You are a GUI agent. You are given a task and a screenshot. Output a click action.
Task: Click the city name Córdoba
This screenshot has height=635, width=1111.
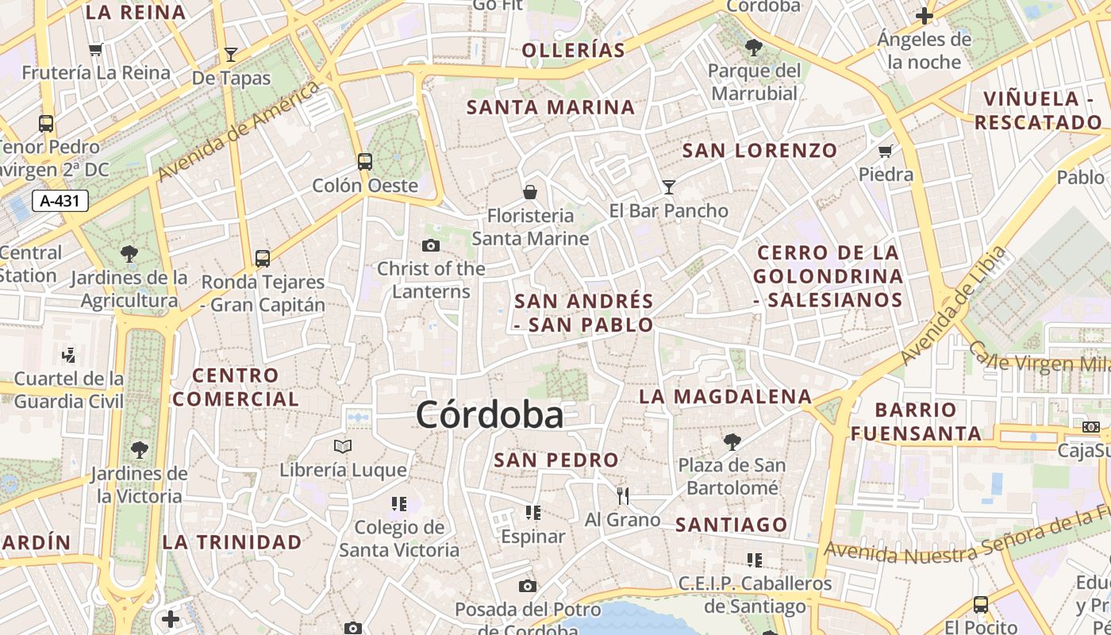tap(490, 415)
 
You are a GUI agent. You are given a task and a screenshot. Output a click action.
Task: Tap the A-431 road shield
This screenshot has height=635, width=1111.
tap(60, 201)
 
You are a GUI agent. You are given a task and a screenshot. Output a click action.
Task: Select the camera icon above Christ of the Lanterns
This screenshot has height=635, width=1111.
tap(431, 245)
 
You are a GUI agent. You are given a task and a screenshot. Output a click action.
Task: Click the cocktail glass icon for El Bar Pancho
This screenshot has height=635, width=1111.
tap(669, 187)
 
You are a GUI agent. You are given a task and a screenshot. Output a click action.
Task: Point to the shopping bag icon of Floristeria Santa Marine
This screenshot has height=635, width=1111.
tap(530, 192)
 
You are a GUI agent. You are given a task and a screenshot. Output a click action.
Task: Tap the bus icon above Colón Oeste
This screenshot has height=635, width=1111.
tap(365, 162)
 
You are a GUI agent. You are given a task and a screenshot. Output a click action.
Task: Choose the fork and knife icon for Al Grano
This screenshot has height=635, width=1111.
tap(623, 496)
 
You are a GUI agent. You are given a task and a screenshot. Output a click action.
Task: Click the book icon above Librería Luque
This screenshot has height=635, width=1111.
tap(343, 447)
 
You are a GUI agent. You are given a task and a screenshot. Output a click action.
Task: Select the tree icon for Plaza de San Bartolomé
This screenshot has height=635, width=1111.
tap(732, 441)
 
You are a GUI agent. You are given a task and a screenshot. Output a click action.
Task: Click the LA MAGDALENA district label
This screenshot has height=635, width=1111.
tap(726, 396)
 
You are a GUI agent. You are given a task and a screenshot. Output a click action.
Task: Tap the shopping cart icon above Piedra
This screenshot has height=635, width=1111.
tap(886, 151)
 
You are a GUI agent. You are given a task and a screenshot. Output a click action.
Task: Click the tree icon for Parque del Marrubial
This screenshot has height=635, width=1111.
tap(753, 48)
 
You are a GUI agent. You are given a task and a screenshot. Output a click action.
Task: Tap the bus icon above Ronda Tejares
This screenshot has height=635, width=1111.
tap(263, 259)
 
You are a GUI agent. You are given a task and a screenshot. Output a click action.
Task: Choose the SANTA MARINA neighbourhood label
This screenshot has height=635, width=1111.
tap(551, 107)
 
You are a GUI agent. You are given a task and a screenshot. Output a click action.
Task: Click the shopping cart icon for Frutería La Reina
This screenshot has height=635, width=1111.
tap(96, 50)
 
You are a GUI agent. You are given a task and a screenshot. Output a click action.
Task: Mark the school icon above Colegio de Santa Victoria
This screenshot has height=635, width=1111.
tap(399, 504)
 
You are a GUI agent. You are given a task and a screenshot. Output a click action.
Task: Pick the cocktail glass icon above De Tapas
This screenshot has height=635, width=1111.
tap(231, 55)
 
